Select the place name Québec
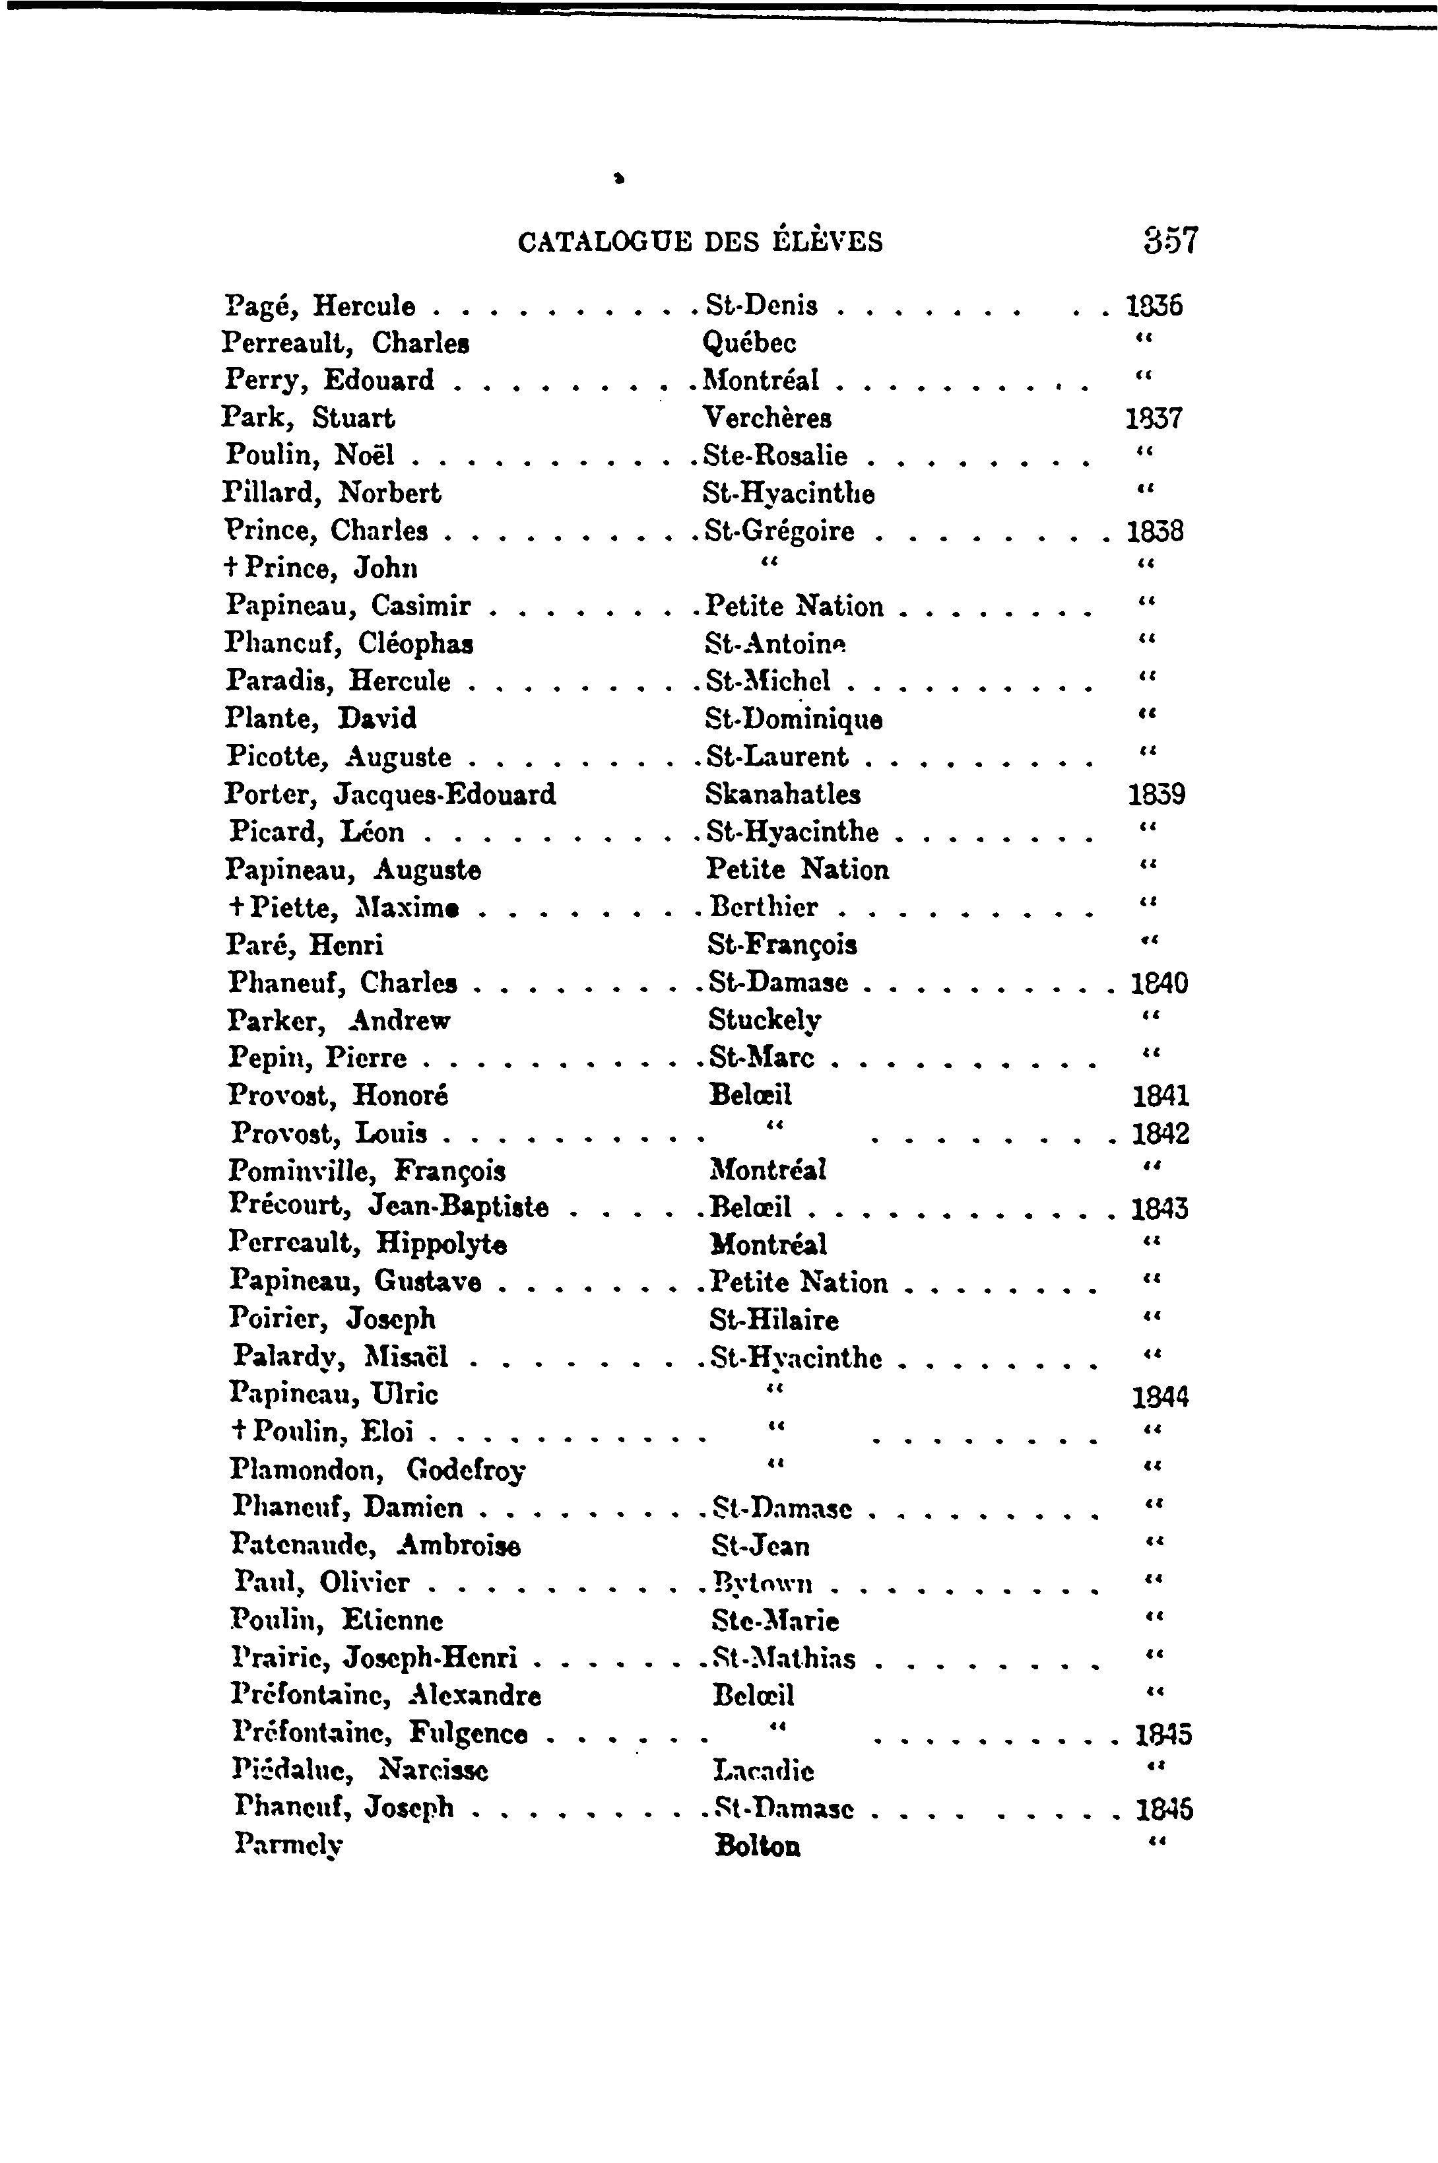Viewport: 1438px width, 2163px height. pos(749,343)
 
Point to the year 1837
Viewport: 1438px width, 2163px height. pos(1154,418)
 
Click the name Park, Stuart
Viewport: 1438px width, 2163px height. pos(308,418)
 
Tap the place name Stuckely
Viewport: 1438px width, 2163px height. pos(765,1020)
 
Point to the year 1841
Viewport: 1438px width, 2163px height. pos(1160,1095)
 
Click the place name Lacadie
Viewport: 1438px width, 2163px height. pos(763,1770)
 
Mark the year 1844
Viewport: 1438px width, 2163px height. pos(1160,1397)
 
